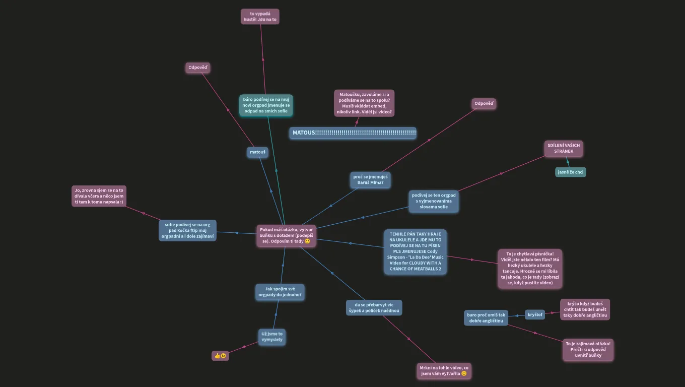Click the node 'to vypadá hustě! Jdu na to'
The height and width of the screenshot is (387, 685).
[x=260, y=17]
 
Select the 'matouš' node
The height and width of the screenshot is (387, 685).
[x=257, y=152]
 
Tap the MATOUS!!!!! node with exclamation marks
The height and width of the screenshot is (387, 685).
[x=353, y=133]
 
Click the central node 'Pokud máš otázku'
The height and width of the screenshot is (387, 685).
[x=286, y=235]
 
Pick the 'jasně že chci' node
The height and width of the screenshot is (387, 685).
[x=571, y=172]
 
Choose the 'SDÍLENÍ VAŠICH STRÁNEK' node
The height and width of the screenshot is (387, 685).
[x=564, y=148]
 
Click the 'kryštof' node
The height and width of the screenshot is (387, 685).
[x=535, y=314]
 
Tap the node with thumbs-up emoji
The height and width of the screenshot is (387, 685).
[x=220, y=356]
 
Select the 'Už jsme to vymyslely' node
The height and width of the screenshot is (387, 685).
[x=272, y=337]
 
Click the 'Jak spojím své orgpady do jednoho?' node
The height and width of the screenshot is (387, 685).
[x=280, y=292]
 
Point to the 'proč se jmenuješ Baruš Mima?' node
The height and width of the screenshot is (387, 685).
[x=370, y=179]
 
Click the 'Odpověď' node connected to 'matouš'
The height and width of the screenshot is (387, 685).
[x=197, y=68]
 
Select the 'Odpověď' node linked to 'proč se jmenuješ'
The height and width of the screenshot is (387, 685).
[x=484, y=104]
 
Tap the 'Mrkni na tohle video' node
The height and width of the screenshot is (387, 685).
[x=444, y=371]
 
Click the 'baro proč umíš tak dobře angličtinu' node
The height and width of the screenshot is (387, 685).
[x=486, y=318]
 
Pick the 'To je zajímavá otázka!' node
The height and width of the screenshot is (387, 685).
[x=588, y=350]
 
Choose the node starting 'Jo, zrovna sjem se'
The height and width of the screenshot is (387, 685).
[x=99, y=196]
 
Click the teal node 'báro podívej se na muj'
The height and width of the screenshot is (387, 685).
[x=266, y=105]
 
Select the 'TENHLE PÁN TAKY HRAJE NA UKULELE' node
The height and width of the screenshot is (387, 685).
[x=415, y=251]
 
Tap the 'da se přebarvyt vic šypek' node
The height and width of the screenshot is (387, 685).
[x=374, y=308]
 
